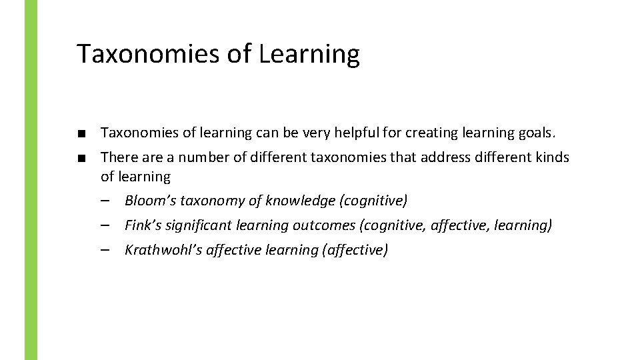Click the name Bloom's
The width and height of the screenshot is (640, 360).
click(148, 201)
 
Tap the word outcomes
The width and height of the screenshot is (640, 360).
click(324, 225)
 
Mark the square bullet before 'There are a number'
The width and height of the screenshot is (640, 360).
click(81, 158)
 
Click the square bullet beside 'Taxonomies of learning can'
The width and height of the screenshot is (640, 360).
click(81, 133)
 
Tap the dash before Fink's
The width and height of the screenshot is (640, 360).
click(106, 225)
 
